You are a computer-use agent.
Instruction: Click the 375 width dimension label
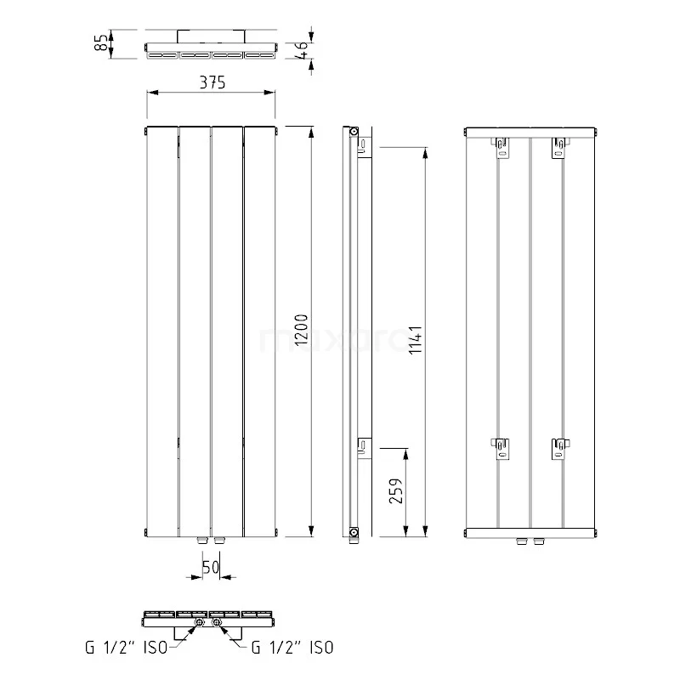point(212,82)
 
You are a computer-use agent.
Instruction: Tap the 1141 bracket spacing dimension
point(416,340)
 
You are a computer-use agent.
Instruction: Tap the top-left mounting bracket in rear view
point(502,148)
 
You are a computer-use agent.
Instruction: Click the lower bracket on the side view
point(364,445)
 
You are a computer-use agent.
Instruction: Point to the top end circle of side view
point(353,132)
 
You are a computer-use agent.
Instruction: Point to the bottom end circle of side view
point(353,533)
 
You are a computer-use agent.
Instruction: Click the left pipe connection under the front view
point(201,540)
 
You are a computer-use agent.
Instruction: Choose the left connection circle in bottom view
point(198,625)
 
